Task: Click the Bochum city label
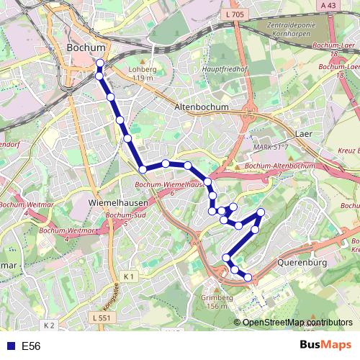pyautogui.click(x=85, y=48)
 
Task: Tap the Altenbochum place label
pyautogui.click(x=202, y=107)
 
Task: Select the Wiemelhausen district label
pyautogui.click(x=112, y=204)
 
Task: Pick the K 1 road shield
pyautogui.click(x=129, y=276)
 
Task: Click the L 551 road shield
pyautogui.click(x=101, y=317)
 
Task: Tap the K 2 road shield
pyautogui.click(x=48, y=325)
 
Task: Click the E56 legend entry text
pyautogui.click(x=31, y=346)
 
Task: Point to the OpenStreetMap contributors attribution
pyautogui.click(x=297, y=323)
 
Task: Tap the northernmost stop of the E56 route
pyautogui.click(x=99, y=63)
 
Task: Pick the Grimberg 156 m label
pyautogui.click(x=218, y=302)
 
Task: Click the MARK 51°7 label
pyautogui.click(x=271, y=147)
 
